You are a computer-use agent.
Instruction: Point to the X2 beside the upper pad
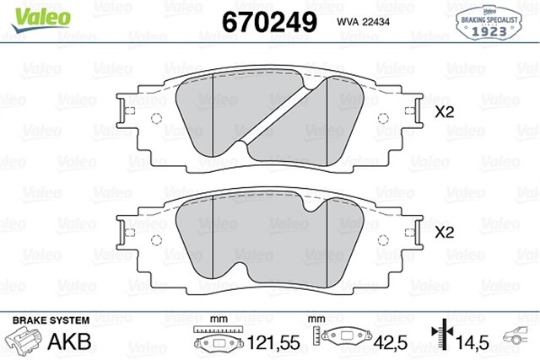[445, 111]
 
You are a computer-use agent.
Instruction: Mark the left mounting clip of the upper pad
[126, 111]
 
